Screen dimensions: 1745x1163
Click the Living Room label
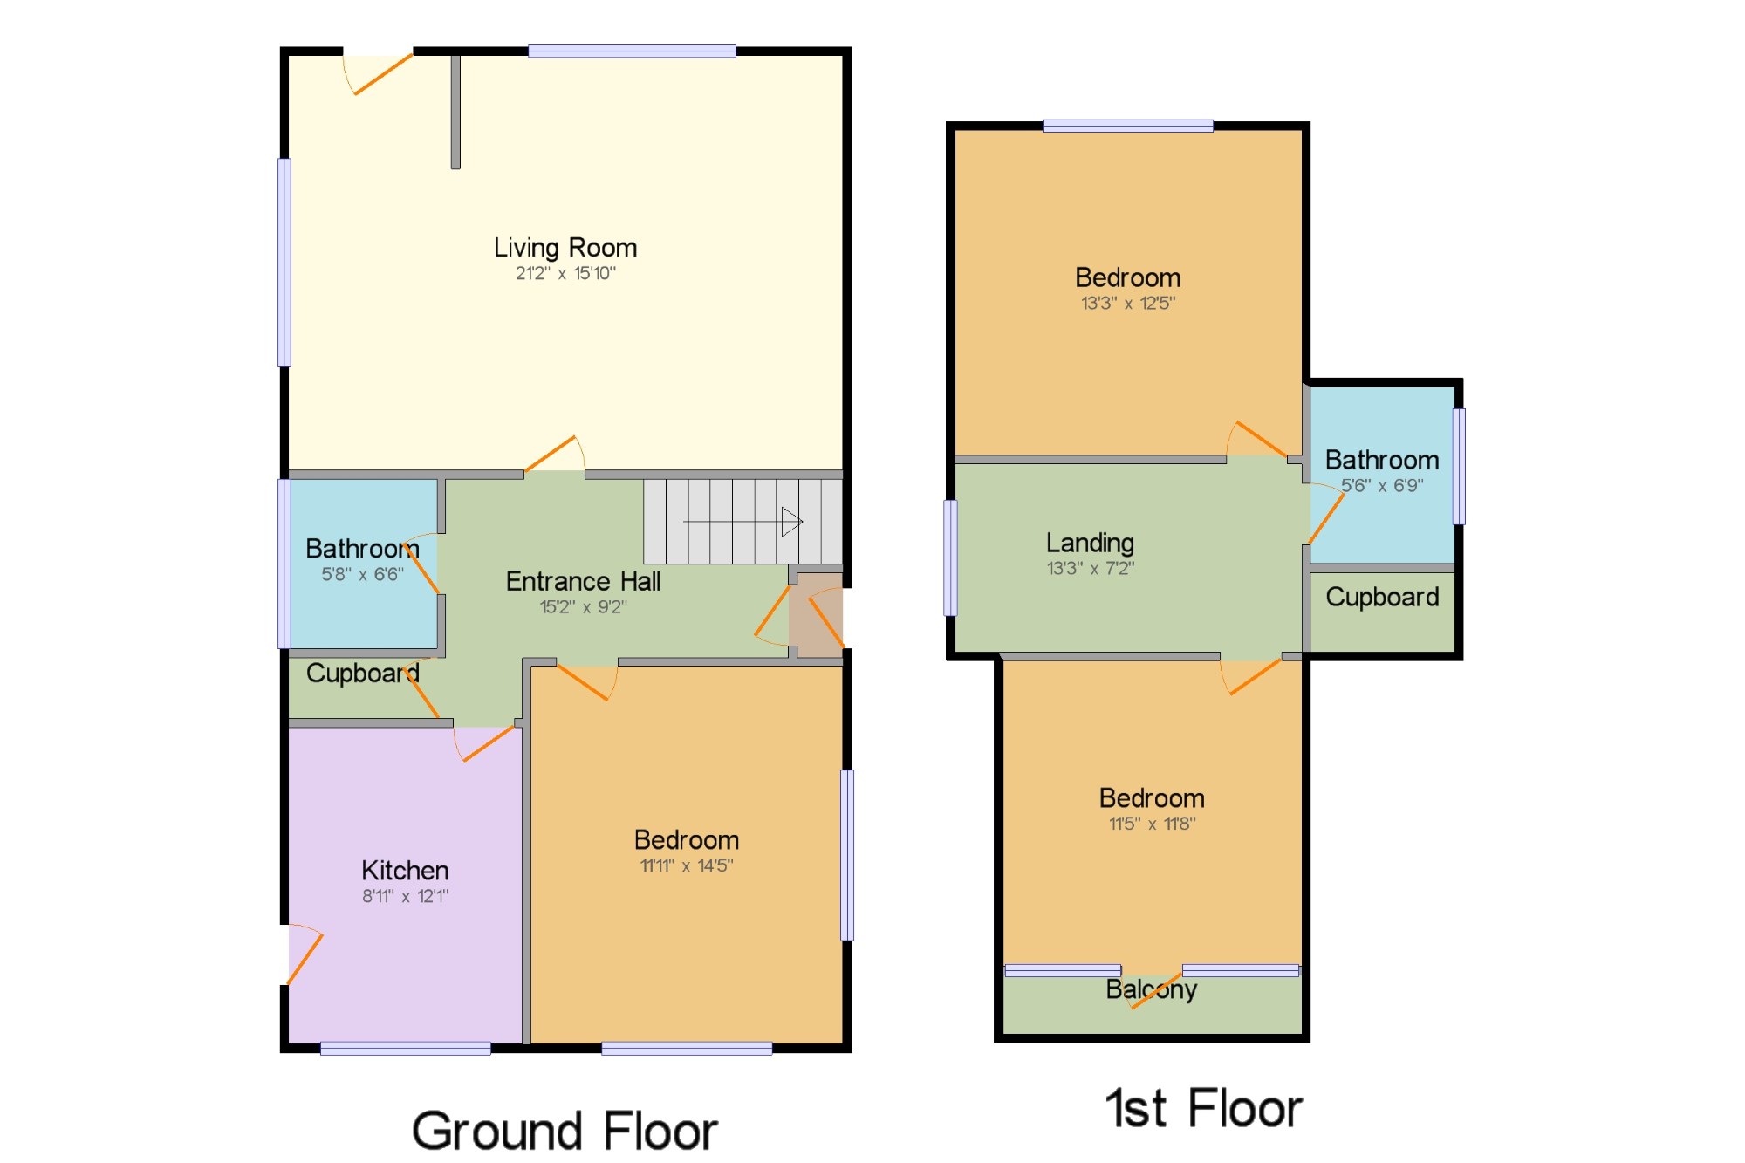click(x=565, y=249)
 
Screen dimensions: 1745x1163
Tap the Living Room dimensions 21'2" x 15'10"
click(x=565, y=273)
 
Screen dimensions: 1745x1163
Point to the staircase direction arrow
click(x=742, y=522)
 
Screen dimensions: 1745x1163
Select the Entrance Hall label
click(x=583, y=581)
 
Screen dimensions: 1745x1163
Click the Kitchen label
click(x=405, y=870)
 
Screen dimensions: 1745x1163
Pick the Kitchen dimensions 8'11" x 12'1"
click(x=405, y=896)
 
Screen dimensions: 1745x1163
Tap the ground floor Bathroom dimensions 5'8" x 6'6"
click(x=362, y=574)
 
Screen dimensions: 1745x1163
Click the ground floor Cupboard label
click(x=362, y=673)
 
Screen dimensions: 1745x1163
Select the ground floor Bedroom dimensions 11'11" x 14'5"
click(x=687, y=865)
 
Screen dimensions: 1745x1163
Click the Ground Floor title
click(x=565, y=1131)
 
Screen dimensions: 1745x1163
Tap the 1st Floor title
click(x=1203, y=1108)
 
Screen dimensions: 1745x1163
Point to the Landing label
click(x=1090, y=544)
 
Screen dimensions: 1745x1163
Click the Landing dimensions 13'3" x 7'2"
click(x=1090, y=569)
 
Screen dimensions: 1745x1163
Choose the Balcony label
click(x=1151, y=989)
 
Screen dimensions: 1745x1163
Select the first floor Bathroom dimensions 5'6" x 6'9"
click(x=1382, y=485)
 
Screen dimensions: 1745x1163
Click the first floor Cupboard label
click(x=1382, y=597)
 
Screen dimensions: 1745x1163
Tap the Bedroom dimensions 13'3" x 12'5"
click(x=1128, y=304)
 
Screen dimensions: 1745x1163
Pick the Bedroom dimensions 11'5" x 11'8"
click(x=1152, y=824)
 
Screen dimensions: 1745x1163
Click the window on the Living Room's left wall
click(x=284, y=263)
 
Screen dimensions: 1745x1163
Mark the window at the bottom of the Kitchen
click(x=406, y=1049)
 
